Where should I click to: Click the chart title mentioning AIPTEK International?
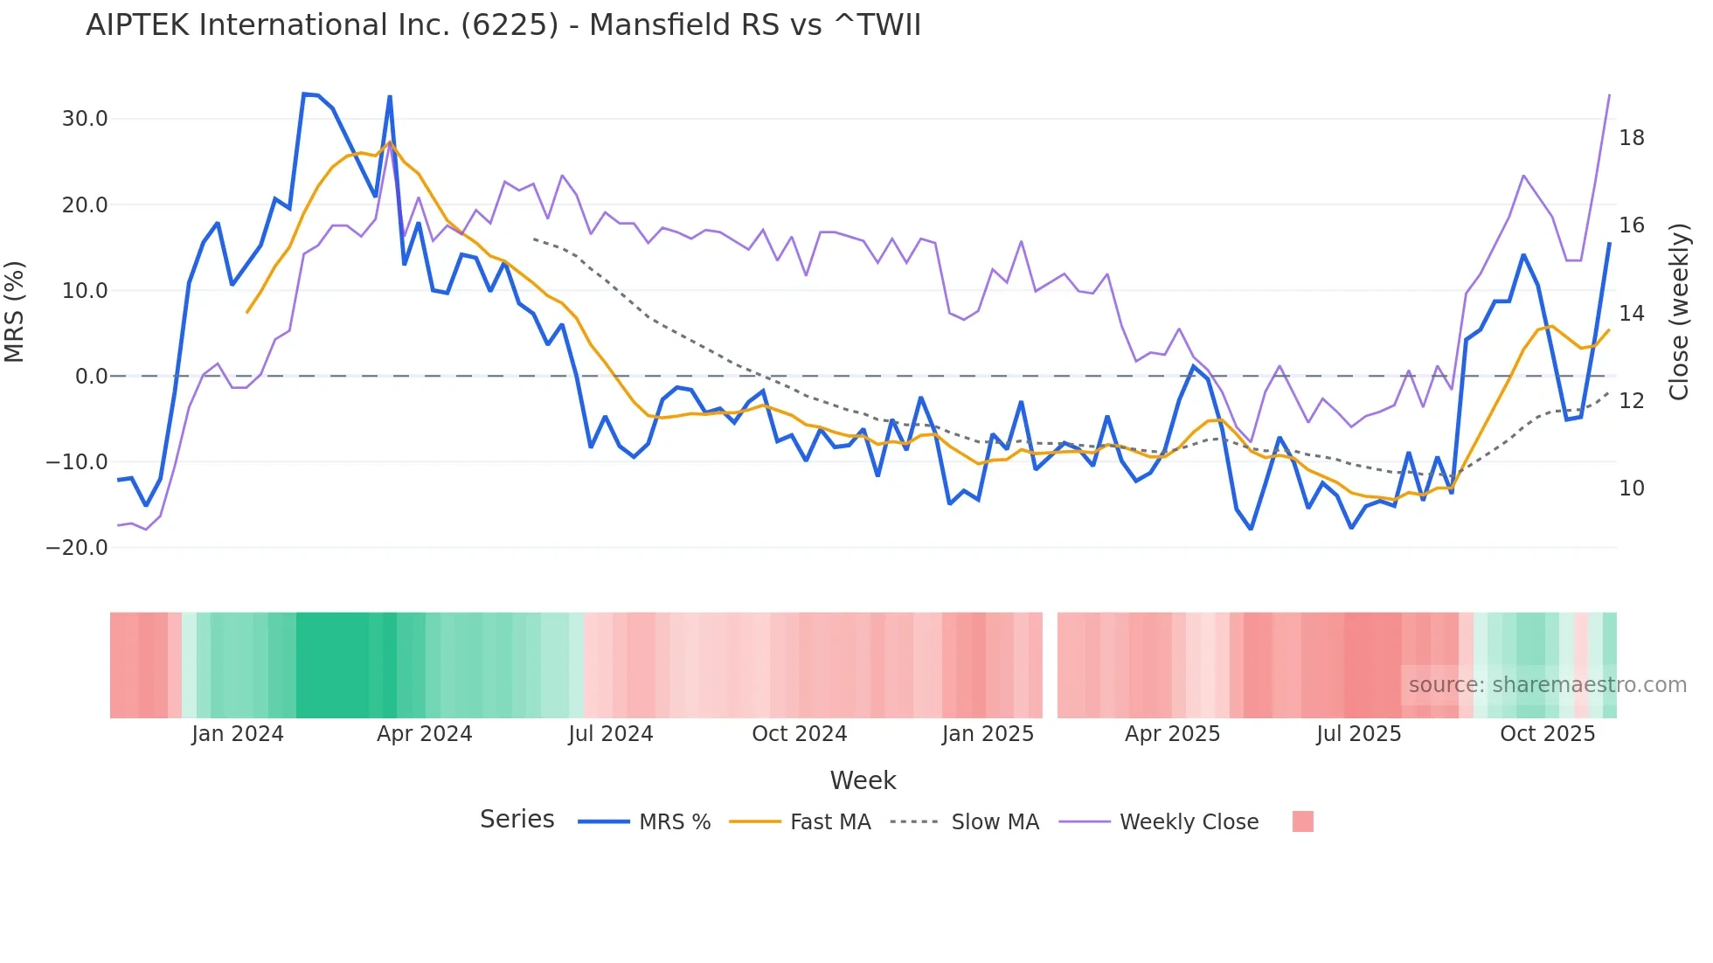pos(503,25)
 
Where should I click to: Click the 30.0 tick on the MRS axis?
pos(85,119)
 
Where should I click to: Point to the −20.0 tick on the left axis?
pos(77,548)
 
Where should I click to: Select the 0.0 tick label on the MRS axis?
pos(91,377)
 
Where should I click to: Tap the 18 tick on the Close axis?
pos(1631,138)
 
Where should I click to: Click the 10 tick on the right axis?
pos(1631,488)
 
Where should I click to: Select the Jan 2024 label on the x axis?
pos(238,734)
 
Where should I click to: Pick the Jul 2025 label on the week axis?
pos(1358,734)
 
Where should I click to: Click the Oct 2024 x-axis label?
pos(799,734)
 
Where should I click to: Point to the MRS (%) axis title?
pos(15,311)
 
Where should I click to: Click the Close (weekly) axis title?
pos(1679,311)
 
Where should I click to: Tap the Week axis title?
pos(863,780)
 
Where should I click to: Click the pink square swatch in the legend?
pos(1302,821)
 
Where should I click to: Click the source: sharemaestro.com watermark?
pos(1547,685)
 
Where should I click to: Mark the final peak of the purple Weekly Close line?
pos(1609,95)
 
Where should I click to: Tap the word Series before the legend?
pos(517,820)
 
